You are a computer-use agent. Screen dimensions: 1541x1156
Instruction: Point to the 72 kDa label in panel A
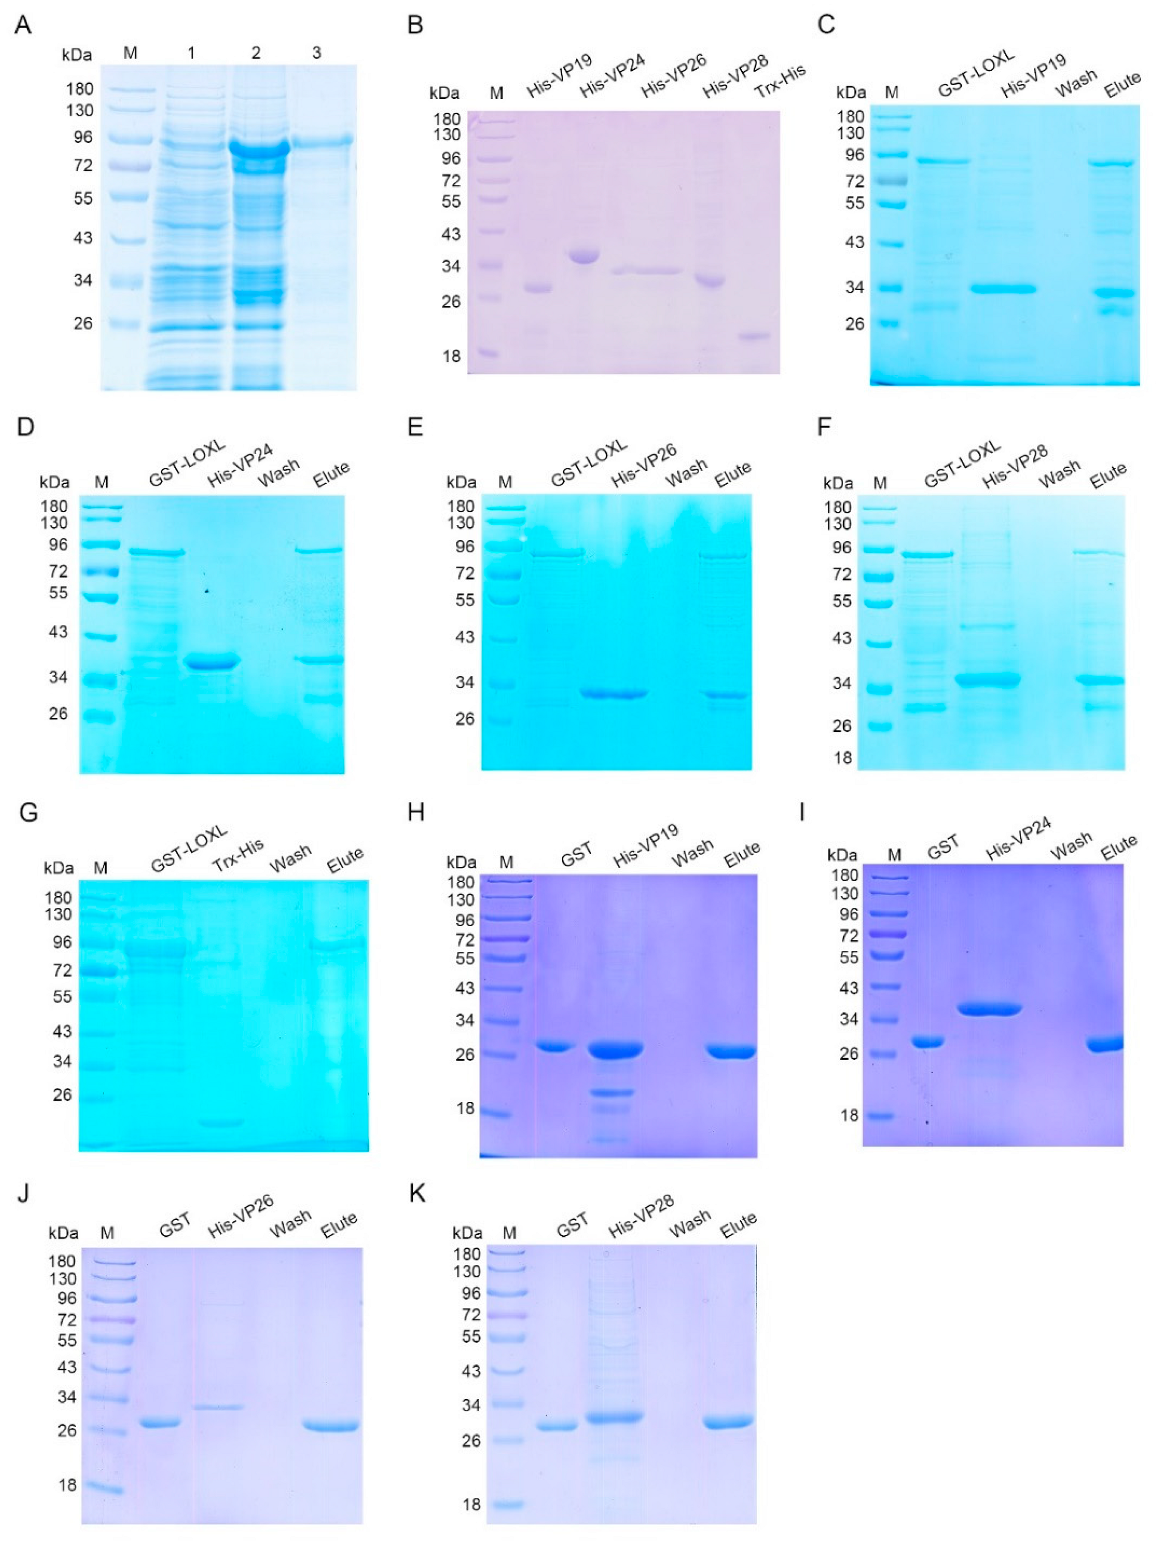[83, 166]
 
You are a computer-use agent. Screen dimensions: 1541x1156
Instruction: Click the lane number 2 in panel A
[256, 53]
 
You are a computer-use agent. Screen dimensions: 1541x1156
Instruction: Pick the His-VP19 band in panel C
[1004, 289]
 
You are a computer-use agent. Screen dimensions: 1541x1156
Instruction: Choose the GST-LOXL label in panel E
[589, 463]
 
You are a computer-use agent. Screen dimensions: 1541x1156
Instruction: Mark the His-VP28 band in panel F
[987, 679]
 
